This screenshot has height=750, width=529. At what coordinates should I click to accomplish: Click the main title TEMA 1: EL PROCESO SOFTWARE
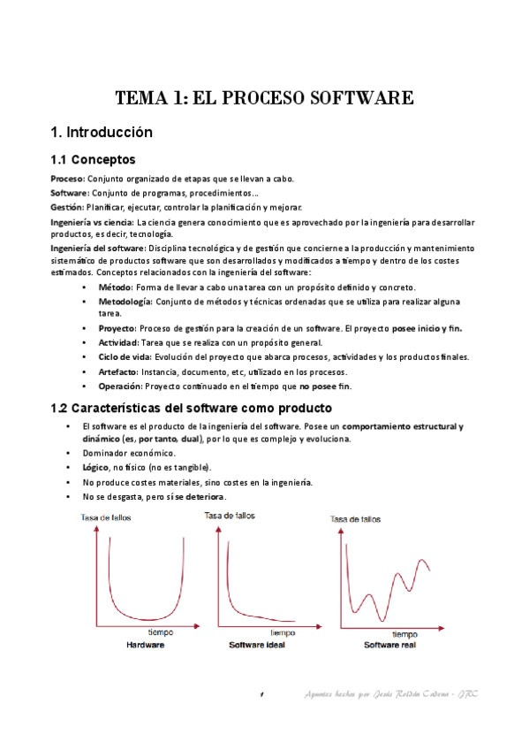click(x=265, y=98)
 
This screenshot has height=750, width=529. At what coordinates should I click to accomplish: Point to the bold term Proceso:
click(x=67, y=178)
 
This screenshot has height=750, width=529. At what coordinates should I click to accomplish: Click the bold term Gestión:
click(x=67, y=206)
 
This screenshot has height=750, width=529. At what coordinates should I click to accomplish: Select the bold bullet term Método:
click(x=114, y=287)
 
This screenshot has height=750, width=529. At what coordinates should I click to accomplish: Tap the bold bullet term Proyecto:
click(x=117, y=328)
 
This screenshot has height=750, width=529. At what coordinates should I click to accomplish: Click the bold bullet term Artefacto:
click(x=119, y=371)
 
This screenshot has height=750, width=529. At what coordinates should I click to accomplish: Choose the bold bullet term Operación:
click(x=120, y=386)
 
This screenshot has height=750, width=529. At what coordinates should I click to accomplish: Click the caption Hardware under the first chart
click(x=145, y=645)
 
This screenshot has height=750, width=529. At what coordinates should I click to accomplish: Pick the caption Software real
click(x=389, y=646)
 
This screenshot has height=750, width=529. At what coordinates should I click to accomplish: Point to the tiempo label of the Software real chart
click(x=404, y=634)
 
